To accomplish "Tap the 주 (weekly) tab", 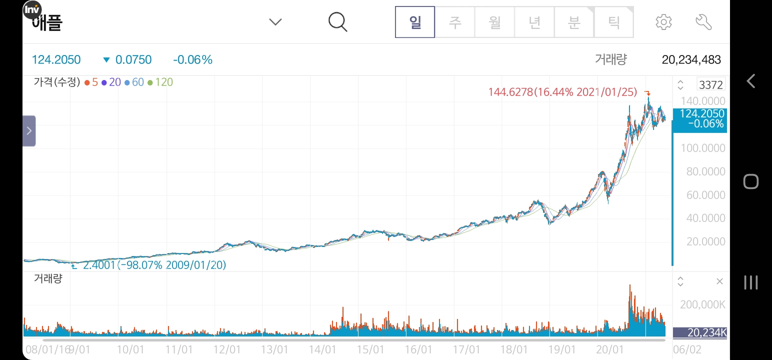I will coord(454,22).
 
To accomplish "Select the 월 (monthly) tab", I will coord(494,22).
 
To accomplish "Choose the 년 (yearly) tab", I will coord(534,22).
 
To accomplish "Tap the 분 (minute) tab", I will coord(574,22).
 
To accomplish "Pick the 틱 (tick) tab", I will coord(613,22).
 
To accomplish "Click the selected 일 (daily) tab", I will coord(415,22).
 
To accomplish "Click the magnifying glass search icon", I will coord(338,22).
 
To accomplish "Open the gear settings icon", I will coord(663,22).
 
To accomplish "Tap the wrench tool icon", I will coord(703,22).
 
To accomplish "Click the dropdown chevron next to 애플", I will coord(275,22).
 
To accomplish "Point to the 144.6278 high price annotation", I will coord(562,92).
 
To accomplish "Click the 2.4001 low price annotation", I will coord(154,265).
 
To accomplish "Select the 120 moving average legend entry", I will coord(160,82).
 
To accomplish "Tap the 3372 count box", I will coord(710,84).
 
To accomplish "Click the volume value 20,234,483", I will coord(691,60).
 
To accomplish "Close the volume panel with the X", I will coord(719,281).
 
